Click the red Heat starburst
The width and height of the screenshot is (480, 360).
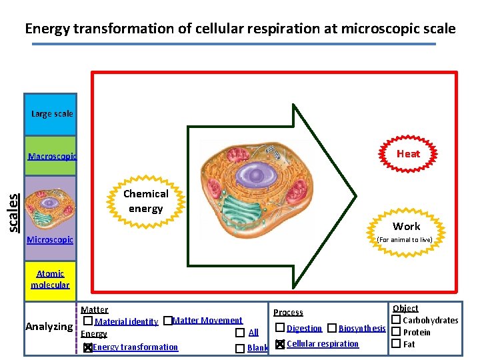(408, 153)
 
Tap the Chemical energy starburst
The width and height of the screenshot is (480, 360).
(145, 201)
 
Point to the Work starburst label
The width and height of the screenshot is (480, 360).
(406, 226)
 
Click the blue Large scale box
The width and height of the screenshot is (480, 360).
(51, 114)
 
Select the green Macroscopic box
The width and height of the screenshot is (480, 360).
(51, 157)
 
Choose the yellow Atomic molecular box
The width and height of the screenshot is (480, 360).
(50, 279)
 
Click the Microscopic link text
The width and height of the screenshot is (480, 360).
(50, 239)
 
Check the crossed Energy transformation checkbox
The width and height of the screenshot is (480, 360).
(88, 347)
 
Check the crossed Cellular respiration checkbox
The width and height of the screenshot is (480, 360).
(280, 344)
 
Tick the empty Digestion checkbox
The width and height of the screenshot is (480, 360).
(280, 328)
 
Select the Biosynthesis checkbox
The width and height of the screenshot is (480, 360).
(331, 328)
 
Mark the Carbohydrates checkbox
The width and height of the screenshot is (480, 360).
(395, 321)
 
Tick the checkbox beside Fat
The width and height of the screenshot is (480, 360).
(395, 344)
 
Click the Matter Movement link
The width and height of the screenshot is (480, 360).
(207, 321)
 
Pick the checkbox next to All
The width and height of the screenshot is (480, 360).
(239, 333)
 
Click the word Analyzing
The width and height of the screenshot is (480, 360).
(49, 327)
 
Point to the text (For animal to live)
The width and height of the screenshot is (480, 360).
(405, 239)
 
